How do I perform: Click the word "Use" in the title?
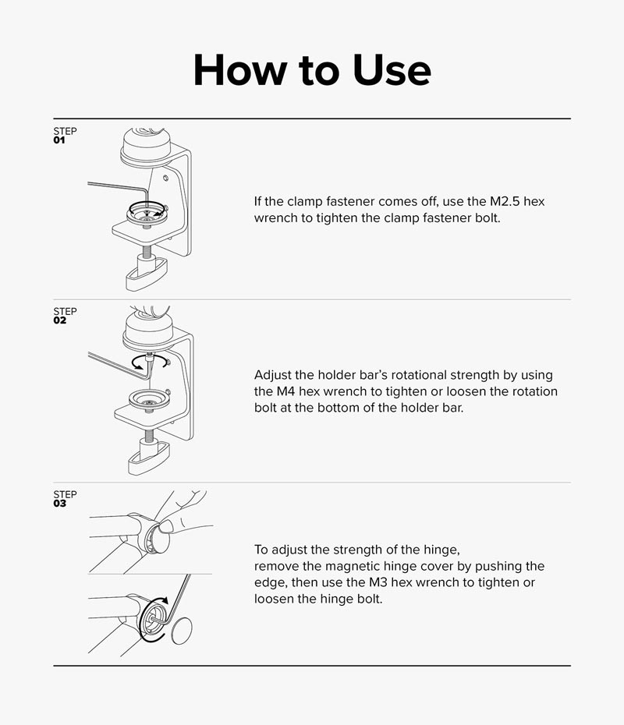(x=392, y=70)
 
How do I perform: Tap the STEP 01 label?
(x=65, y=135)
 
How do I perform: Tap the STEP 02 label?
(x=65, y=316)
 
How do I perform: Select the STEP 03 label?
(x=65, y=498)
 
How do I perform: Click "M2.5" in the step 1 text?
(x=505, y=202)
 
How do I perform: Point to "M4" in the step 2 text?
(x=285, y=391)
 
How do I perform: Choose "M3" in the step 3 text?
(x=378, y=582)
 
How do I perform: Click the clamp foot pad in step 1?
(x=146, y=275)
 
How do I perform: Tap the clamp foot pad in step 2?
(x=148, y=458)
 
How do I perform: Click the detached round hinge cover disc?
(x=182, y=631)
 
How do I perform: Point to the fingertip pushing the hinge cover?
(x=166, y=525)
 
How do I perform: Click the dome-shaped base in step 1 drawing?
(x=146, y=146)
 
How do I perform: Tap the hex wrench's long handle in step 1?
(x=116, y=186)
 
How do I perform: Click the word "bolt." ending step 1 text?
(x=487, y=217)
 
